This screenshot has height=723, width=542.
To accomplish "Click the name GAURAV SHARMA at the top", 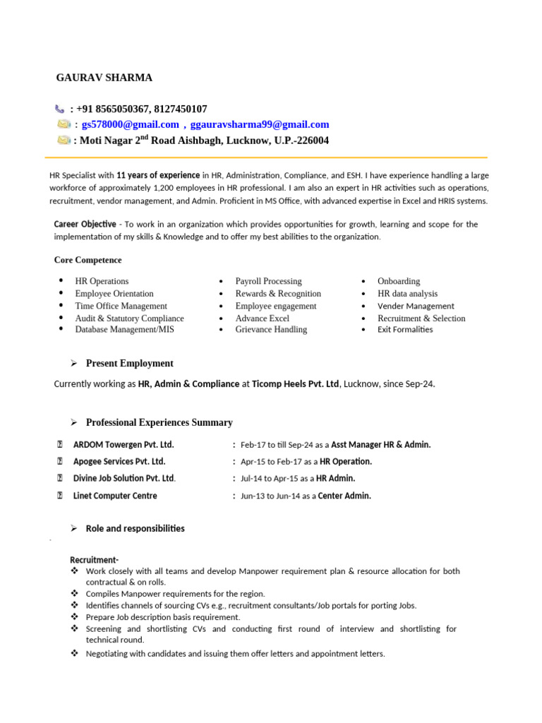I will (104, 78).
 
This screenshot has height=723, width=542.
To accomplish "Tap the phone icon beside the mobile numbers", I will (59, 109).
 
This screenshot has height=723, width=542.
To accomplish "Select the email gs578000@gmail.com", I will (130, 125).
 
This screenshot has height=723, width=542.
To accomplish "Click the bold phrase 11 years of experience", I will (158, 175).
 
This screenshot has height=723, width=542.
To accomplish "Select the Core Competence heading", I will (88, 260).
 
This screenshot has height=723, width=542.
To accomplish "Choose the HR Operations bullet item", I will (102, 281).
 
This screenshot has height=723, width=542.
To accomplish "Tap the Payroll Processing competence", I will (268, 281).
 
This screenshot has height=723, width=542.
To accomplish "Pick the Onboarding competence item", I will (398, 281).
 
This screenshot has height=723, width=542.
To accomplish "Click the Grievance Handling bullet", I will (271, 330).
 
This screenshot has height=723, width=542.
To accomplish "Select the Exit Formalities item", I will (405, 330).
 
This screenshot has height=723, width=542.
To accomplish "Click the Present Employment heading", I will (129, 364).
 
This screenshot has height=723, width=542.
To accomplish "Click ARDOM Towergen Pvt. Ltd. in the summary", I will (124, 445).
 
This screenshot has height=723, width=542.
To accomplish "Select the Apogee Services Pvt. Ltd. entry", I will (119, 462).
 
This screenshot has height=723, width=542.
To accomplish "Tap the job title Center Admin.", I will (344, 496).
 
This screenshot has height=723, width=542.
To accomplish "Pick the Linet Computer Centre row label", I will (115, 496).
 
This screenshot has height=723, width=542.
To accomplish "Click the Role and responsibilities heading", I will (135, 528).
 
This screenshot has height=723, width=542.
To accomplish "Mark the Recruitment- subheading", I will (94, 560).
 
